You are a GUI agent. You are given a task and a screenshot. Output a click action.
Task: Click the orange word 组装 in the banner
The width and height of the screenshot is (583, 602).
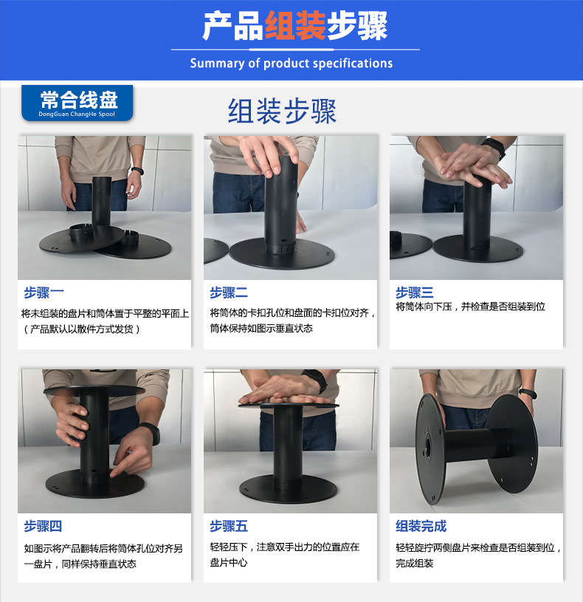point(295,27)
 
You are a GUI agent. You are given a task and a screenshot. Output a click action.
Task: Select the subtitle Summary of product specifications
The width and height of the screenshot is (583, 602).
point(291,64)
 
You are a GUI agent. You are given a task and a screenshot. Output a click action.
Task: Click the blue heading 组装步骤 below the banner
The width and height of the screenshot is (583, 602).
point(282,112)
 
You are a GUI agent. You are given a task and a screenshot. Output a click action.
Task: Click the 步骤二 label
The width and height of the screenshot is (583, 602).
point(229,293)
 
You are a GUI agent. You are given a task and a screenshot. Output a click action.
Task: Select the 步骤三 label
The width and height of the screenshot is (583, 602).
point(415,293)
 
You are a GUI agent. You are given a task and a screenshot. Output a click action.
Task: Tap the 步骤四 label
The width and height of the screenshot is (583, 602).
point(43,526)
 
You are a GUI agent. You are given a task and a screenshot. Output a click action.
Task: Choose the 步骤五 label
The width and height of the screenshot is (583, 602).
point(229,526)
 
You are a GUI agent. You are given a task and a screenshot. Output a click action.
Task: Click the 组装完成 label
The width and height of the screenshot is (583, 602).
point(421,526)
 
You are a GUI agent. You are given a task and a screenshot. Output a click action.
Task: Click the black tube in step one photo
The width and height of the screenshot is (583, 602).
point(101,202)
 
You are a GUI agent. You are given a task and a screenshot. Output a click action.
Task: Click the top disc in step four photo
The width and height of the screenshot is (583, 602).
point(93,389)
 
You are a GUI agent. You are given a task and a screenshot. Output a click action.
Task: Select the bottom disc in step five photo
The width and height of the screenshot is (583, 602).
point(289,488)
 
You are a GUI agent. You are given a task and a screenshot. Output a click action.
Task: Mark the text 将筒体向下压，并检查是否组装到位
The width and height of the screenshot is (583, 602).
point(470,307)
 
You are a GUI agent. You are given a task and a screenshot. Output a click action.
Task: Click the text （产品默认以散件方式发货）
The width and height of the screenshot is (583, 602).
point(81,329)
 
